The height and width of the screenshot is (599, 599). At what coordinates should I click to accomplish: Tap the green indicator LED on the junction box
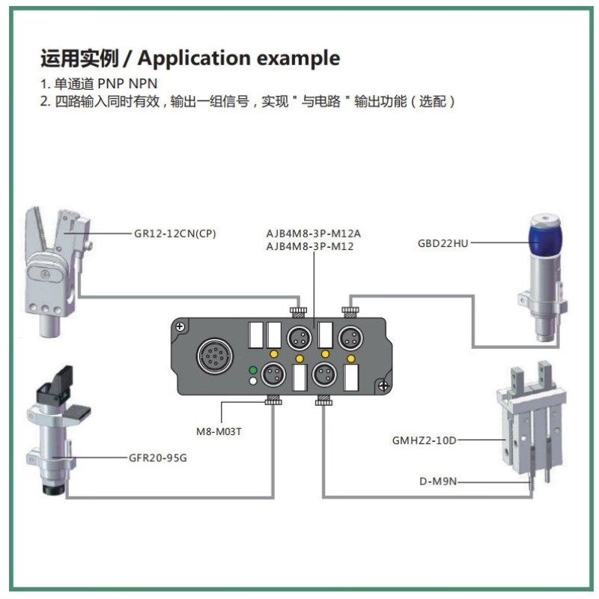(x=253, y=370)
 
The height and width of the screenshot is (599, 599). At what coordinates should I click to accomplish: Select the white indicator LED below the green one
(x=253, y=382)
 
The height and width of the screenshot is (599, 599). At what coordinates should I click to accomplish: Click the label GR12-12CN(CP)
(x=174, y=233)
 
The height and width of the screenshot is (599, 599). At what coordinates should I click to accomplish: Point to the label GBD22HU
(x=443, y=243)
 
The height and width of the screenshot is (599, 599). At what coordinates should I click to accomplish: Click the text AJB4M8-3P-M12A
(x=313, y=232)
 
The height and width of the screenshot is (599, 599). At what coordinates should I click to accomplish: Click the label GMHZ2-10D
(x=424, y=440)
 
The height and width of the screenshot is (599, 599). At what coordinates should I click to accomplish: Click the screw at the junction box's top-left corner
(x=180, y=326)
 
